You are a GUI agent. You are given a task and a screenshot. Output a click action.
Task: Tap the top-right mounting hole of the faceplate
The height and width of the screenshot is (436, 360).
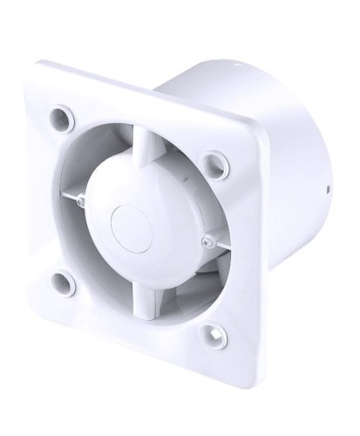[x=208, y=160]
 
